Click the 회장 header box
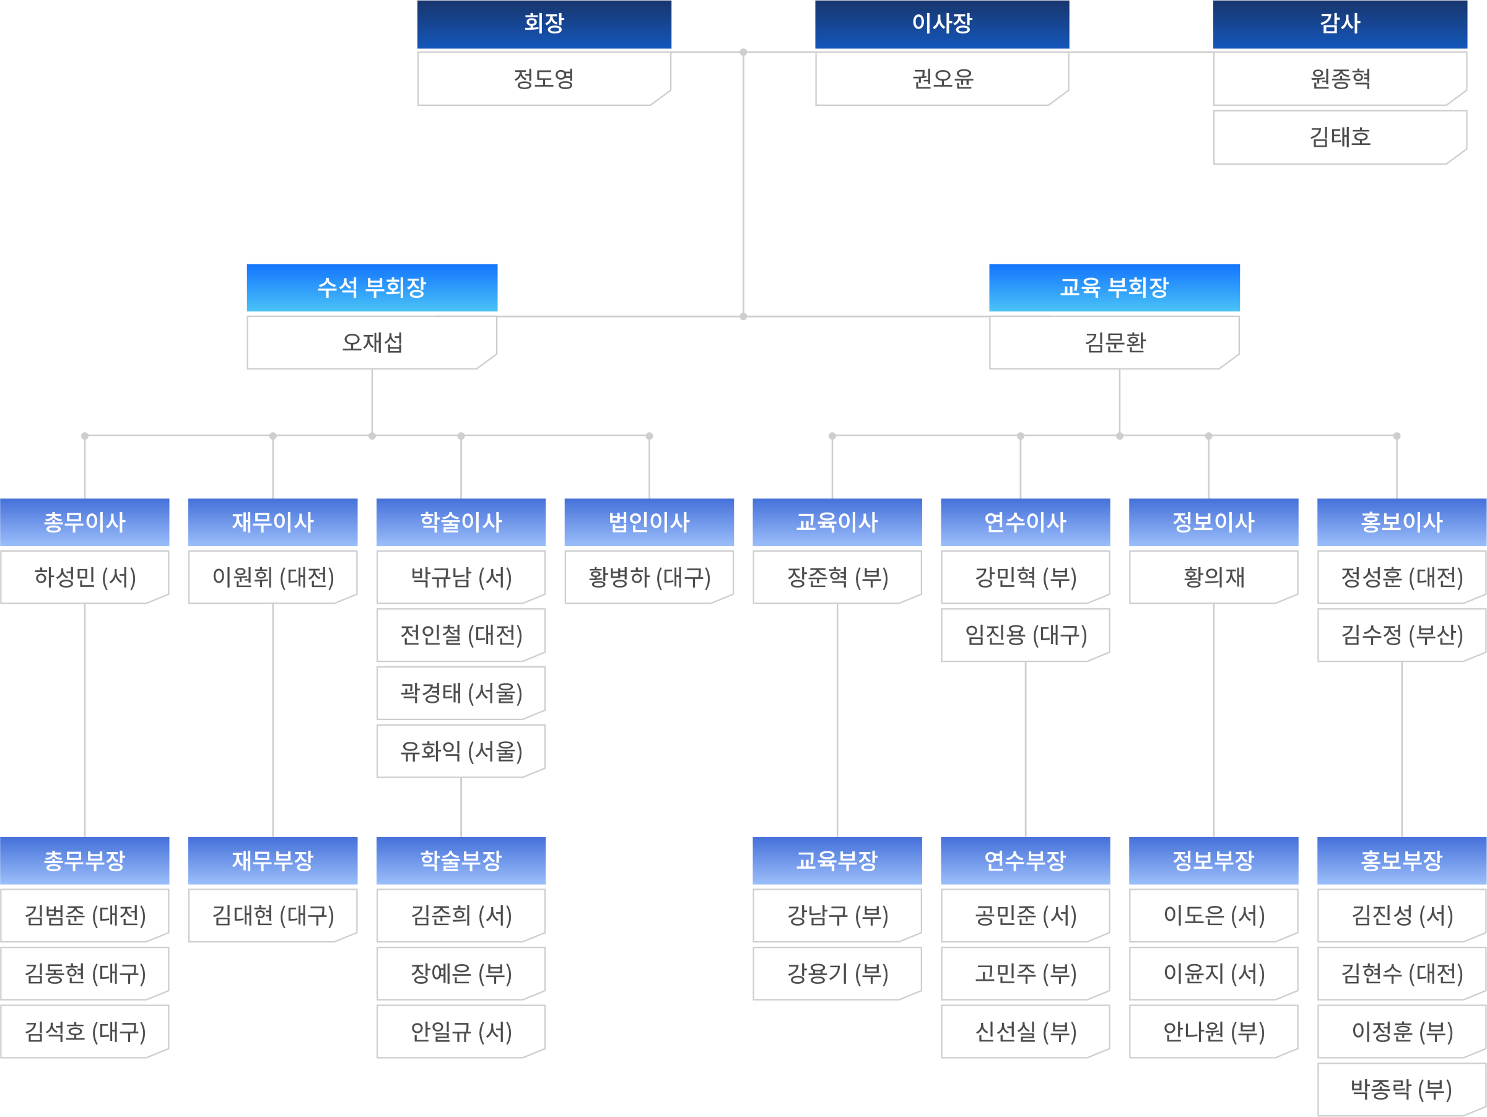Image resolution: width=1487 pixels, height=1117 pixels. click(544, 24)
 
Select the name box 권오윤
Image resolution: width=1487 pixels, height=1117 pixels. click(942, 79)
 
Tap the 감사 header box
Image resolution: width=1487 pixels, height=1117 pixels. click(1340, 24)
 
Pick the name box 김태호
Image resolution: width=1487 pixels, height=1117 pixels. click(1340, 137)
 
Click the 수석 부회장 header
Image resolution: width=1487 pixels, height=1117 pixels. click(372, 288)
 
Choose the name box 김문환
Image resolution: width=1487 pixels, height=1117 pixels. click(1114, 343)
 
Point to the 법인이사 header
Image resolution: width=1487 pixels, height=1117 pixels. click(648, 522)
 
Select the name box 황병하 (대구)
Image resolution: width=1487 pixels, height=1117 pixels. click(648, 577)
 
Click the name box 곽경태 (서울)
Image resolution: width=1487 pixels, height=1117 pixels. click(461, 693)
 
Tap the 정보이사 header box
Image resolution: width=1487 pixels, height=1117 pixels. click(1213, 522)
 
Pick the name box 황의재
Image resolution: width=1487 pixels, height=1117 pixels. click(1213, 577)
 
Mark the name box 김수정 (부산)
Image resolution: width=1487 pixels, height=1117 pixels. click(1402, 635)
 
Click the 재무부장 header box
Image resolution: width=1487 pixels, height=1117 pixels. click(273, 860)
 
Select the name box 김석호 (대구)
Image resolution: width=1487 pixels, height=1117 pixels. click(84, 1032)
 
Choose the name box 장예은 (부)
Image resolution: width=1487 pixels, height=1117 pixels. click(461, 974)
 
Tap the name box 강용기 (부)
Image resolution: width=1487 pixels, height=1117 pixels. click(837, 974)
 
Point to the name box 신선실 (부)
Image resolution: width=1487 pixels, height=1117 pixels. click(1025, 1032)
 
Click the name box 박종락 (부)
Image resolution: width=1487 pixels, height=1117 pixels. click(1402, 1089)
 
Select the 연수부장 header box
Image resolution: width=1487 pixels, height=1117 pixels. click(1025, 860)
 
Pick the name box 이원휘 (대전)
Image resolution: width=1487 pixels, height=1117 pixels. click(273, 577)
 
